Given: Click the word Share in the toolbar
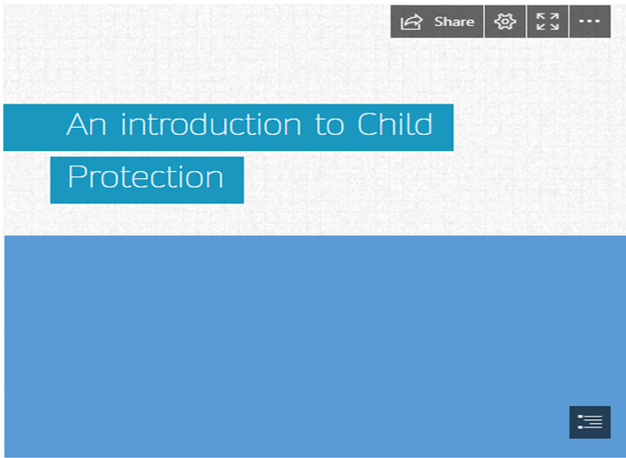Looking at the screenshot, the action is pos(454,22).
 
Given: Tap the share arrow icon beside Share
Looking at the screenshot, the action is pos(412,22).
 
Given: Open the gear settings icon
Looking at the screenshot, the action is pos(505,22).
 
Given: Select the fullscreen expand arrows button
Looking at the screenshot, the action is pos(548,22).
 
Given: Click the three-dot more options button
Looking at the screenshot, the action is pos(590,22).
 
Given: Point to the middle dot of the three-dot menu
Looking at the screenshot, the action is pos(590,22).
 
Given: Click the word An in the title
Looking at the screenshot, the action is pos(86,124).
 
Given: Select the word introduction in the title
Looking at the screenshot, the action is pos(210,124).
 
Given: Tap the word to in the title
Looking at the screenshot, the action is pos(329,125).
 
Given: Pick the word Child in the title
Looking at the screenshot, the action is pos(395,124).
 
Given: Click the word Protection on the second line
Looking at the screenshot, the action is pos(146,176).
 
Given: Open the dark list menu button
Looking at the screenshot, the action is pos(590,422).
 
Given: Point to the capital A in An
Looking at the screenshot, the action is pos(78,124).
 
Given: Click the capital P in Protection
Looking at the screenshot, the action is pos(76,176).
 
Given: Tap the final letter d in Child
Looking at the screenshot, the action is pos(425,124).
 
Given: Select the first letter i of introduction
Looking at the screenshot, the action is pos(124,124).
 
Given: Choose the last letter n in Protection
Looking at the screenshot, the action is pos(216,180).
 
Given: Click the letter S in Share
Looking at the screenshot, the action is pos(439,22).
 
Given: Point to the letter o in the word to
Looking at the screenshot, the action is pos(335,128).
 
